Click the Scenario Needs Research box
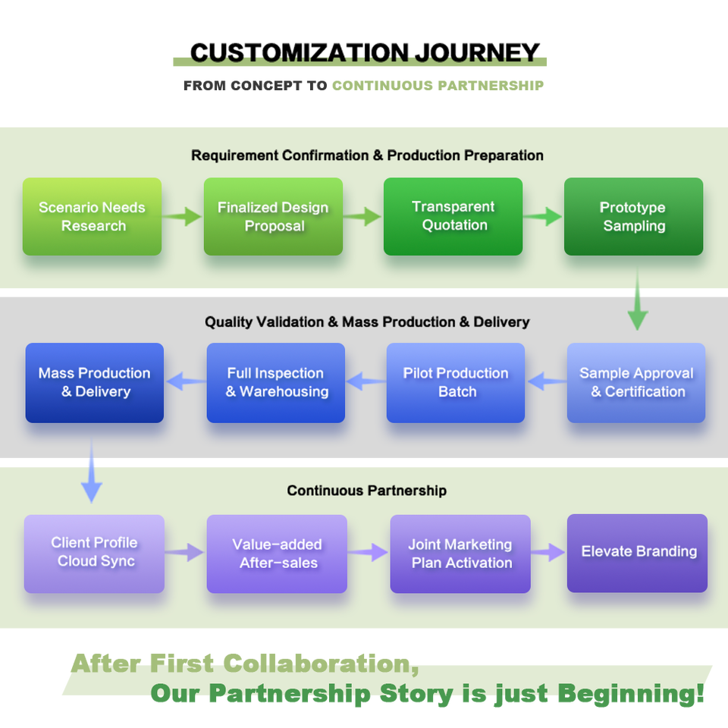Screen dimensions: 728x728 click(92, 217)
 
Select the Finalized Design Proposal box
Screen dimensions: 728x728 click(273, 217)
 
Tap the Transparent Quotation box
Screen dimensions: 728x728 click(453, 216)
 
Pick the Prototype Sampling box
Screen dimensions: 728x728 click(633, 217)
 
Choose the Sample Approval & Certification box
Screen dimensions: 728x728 click(636, 383)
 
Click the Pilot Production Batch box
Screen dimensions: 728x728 click(456, 383)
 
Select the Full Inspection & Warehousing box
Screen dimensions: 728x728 click(276, 383)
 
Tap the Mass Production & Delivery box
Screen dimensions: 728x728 click(95, 383)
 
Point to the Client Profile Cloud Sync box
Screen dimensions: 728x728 click(94, 554)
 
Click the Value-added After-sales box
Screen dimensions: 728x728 click(277, 554)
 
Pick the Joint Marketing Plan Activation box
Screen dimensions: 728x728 click(460, 554)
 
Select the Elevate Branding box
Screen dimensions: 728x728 click(637, 553)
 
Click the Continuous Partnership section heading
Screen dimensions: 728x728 click(366, 491)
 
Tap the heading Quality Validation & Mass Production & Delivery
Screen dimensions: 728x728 click(367, 322)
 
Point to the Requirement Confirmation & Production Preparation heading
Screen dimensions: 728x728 click(367, 155)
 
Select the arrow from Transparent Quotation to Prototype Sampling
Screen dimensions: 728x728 click(543, 217)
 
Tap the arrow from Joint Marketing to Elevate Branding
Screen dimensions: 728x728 click(548, 554)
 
